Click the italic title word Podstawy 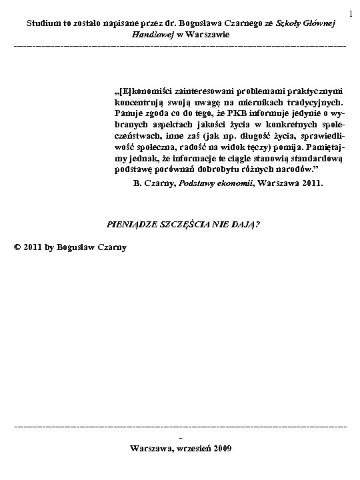pyautogui.click(x=199, y=181)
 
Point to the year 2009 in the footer pyautogui.click(x=221, y=448)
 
